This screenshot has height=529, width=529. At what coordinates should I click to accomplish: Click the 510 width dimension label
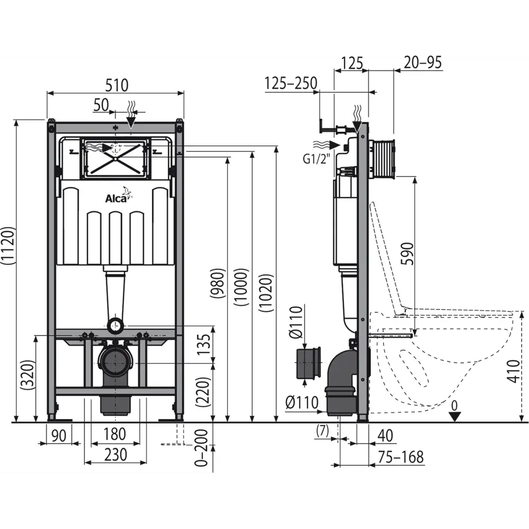click(x=117, y=85)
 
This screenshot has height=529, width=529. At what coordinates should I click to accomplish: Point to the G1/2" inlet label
click(x=315, y=159)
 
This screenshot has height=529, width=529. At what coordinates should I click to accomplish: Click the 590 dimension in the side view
click(x=407, y=254)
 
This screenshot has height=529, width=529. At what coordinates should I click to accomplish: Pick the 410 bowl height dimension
click(x=514, y=371)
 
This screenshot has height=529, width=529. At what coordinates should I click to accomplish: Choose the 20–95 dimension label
click(x=423, y=62)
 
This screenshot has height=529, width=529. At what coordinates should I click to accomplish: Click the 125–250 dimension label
click(x=291, y=84)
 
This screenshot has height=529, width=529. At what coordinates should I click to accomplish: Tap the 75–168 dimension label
click(x=400, y=457)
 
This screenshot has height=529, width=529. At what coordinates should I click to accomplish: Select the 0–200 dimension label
click(x=202, y=448)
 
